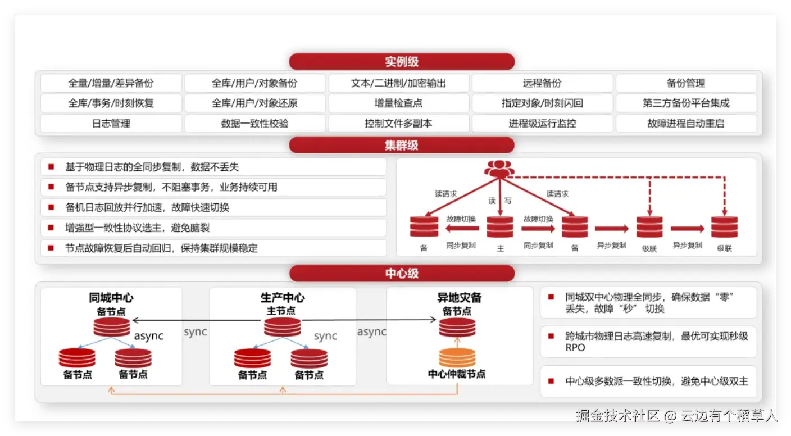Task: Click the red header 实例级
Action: (402, 62)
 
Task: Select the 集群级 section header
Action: (402, 146)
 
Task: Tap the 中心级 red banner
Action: (402, 274)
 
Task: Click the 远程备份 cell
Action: (542, 83)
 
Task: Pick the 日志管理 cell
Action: (111, 124)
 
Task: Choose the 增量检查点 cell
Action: (398, 103)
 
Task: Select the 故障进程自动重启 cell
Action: (686, 124)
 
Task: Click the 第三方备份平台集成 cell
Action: (686, 103)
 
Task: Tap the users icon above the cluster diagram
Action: (499, 168)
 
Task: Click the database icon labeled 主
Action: (499, 227)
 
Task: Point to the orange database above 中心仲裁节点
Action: (457, 358)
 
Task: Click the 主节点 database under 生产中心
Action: (282, 327)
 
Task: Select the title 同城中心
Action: (111, 298)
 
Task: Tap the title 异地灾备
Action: (460, 298)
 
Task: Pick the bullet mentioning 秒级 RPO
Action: (657, 342)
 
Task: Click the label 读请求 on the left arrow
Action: (445, 194)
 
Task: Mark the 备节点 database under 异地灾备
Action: (457, 327)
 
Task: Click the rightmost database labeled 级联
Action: (724, 227)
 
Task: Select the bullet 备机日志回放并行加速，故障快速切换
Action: (147, 207)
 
